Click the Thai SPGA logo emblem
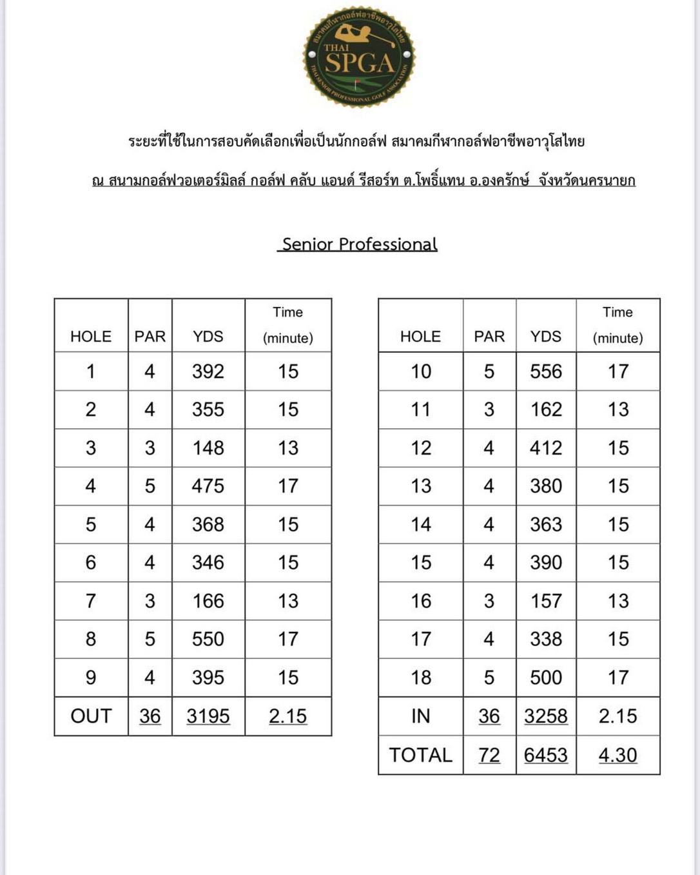[359, 57]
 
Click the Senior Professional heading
[359, 244]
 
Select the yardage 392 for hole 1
[208, 371]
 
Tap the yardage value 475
[208, 486]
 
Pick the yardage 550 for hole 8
[208, 639]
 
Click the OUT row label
[91, 716]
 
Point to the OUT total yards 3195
[208, 716]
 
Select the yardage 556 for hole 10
[546, 371]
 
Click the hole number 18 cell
[421, 678]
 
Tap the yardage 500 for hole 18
[546, 678]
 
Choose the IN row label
[421, 716]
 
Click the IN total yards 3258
[546, 716]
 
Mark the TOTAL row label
[421, 755]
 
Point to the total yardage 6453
[546, 755]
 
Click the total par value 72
[489, 755]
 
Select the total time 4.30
[617, 755]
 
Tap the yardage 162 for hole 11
[546, 409]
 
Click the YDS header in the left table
[208, 337]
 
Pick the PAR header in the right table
[489, 337]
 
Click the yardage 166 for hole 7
[208, 601]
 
